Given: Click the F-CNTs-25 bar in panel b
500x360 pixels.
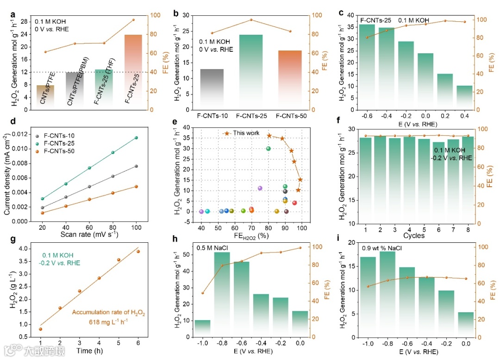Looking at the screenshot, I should pos(250,72).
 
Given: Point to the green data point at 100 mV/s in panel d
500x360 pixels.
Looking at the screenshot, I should pos(136,138).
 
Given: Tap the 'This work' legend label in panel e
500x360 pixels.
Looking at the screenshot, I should pos(246,133).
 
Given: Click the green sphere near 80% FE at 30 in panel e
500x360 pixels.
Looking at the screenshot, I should pos(268,149).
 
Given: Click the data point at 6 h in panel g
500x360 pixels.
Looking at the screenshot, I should pos(138,252).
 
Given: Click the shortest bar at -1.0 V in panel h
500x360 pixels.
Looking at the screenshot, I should pos(202,328).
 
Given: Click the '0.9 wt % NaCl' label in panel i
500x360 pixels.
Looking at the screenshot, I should pos(381,247).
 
